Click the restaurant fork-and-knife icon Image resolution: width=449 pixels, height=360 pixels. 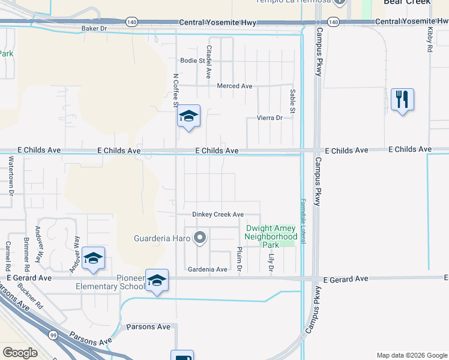point(402,98)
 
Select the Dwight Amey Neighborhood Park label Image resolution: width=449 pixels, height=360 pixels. point(271,236)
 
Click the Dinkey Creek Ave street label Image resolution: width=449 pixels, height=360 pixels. point(217,214)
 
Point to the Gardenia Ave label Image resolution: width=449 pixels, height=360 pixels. point(207,269)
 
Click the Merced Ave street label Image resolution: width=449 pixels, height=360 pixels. point(234,86)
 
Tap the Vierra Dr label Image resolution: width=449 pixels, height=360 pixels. point(270,118)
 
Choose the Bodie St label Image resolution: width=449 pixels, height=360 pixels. point(193,61)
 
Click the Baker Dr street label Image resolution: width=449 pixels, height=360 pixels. point(94,28)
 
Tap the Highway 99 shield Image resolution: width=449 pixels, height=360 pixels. point(54,336)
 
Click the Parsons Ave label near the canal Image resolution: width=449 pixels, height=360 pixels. point(148,327)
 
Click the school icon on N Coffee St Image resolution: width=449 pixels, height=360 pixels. point(188,116)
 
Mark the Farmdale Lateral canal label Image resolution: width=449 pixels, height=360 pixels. point(304,221)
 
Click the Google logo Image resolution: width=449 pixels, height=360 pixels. point(20,352)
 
